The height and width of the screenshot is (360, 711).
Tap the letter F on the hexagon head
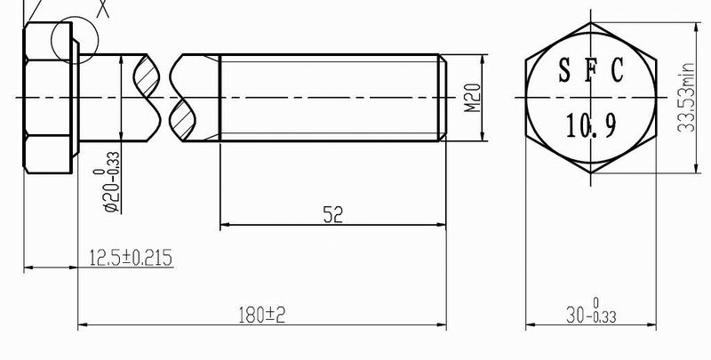[590, 69]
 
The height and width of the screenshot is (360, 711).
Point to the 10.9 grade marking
[591, 126]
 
